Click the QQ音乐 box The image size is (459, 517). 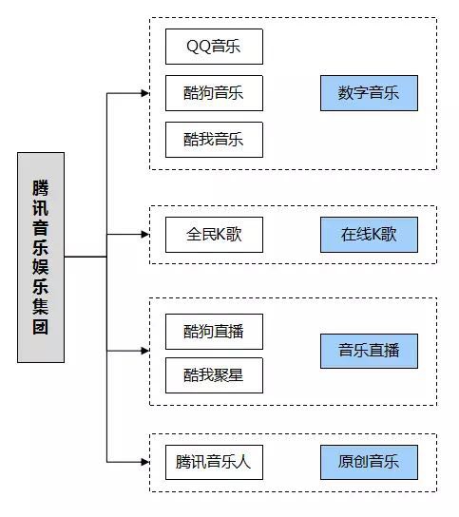214,47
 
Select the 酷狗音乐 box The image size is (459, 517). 214,93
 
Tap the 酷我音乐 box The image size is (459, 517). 214,140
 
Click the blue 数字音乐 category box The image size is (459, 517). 369,93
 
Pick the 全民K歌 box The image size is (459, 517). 214,235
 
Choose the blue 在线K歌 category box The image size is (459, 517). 369,235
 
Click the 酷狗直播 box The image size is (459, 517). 214,332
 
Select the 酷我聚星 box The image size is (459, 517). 214,375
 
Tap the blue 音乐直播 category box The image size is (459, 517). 369,351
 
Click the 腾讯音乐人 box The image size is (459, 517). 214,462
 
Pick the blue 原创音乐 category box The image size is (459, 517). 369,462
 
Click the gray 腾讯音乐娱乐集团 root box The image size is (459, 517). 41,258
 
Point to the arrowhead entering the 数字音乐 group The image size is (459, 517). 145,93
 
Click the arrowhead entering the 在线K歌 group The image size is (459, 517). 145,235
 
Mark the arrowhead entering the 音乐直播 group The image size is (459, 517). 145,351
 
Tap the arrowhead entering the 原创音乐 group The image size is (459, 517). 145,462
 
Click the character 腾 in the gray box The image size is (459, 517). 41,188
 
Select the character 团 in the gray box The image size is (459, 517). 41,327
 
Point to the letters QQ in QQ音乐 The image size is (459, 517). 199,47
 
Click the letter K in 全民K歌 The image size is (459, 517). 220,235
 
